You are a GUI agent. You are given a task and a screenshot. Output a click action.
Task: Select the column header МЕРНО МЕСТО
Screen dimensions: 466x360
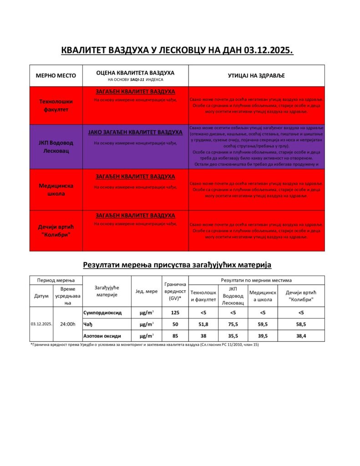tap(56, 76)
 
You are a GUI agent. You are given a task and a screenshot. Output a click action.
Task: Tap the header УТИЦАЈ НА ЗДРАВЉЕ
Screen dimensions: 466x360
tap(256, 76)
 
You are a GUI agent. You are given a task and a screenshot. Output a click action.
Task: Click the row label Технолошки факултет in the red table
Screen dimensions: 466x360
tap(56, 106)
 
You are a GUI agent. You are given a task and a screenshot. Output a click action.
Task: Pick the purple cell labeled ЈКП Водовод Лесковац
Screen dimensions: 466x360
tap(56, 147)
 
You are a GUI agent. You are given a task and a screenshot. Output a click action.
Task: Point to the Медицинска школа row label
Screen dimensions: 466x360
tap(56, 189)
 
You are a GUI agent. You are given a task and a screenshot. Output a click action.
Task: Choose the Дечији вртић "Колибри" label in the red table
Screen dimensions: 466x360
tap(56, 231)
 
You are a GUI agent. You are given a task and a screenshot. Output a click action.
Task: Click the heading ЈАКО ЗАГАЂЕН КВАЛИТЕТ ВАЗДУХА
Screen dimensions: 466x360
tap(135, 132)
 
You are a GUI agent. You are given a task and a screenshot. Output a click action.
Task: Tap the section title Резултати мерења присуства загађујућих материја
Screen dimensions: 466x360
tap(177, 264)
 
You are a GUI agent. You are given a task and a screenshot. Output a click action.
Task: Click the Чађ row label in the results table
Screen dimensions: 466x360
tap(88, 324)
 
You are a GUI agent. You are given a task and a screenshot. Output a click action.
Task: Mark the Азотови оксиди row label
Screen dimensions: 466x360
tap(102, 336)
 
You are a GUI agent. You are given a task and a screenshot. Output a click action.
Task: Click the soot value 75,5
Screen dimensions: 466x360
tap(233, 324)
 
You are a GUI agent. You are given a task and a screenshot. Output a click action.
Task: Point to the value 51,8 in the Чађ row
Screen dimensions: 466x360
tap(203, 324)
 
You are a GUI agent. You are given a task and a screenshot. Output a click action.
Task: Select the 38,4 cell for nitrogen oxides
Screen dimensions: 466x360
tap(301, 336)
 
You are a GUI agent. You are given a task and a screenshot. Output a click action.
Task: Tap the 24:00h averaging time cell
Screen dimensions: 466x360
tap(68, 324)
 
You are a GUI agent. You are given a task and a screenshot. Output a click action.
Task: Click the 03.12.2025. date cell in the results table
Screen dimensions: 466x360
tap(41, 324)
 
